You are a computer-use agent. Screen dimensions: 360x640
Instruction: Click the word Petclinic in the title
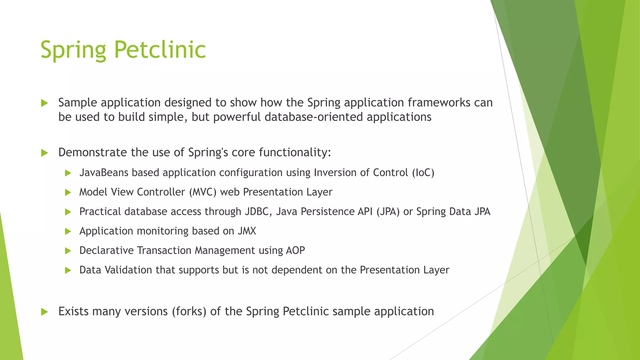pos(160,50)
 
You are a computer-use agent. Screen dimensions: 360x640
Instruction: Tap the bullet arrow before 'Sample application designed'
pos(45,103)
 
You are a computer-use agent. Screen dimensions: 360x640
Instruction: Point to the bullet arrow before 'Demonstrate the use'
pos(45,153)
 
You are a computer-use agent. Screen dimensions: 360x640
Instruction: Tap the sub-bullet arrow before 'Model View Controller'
pos(68,192)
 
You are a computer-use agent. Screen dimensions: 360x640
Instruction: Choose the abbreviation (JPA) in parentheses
pos(388,212)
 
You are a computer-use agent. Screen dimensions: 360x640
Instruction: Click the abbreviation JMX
pos(247,231)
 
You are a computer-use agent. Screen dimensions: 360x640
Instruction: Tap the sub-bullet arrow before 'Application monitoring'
pos(68,232)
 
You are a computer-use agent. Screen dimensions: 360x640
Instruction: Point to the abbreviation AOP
pos(295,251)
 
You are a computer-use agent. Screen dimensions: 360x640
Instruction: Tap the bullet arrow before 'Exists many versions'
pos(45,312)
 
